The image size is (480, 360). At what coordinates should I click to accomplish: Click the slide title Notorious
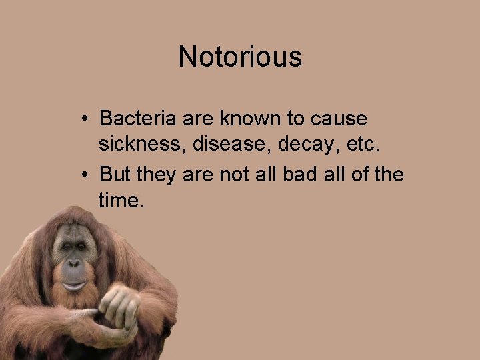tap(240, 57)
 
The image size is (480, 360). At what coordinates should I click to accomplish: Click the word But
tap(115, 175)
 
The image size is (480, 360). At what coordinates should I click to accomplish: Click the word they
tap(155, 175)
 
